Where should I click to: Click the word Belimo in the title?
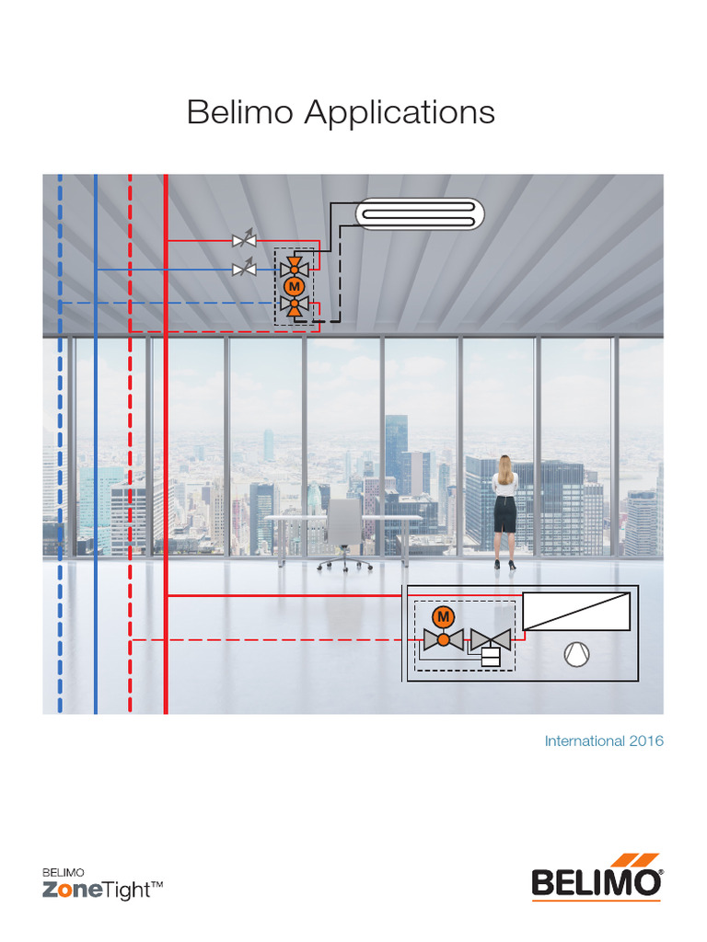pos(240,113)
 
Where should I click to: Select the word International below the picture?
pos(585,741)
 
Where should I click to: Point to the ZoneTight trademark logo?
pos(103,885)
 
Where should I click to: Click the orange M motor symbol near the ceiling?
pos(295,287)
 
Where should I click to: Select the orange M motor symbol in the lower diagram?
pos(443,615)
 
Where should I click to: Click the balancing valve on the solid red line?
pos(244,241)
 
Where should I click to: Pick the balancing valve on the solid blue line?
pos(244,269)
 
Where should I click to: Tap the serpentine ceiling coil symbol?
pos(418,214)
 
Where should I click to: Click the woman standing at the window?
pos(504,511)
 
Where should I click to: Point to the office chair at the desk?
pos(344,534)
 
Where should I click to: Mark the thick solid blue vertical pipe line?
pos(95,460)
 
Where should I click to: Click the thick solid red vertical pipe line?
pos(165,460)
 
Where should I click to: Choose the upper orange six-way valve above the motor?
pos(295,266)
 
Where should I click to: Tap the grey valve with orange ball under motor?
pos(443,638)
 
